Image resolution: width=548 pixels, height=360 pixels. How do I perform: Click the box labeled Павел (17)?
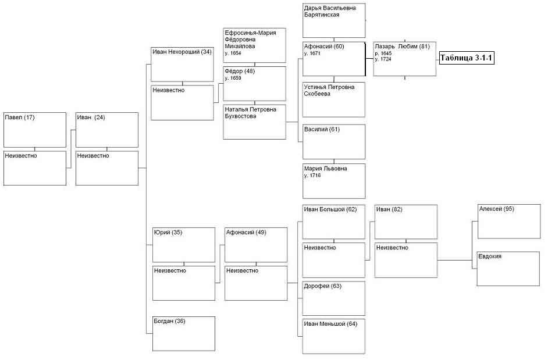[x=34, y=130]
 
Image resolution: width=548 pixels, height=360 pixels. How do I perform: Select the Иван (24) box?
[x=107, y=130]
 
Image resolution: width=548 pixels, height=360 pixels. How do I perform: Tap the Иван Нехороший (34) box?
[x=182, y=65]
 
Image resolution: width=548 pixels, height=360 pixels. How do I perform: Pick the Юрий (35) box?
[x=184, y=245]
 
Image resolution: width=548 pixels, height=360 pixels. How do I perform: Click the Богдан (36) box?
[x=184, y=334]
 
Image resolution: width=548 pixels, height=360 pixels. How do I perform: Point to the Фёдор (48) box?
[x=254, y=84]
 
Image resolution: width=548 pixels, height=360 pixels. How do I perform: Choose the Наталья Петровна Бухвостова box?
[x=254, y=122]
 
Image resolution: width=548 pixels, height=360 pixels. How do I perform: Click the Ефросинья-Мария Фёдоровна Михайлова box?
[x=254, y=45]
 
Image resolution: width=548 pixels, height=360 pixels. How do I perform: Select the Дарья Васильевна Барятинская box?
[x=334, y=20]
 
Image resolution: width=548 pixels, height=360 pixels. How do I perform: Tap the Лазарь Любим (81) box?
[x=405, y=59]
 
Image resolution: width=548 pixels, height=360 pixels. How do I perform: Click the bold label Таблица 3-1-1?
[x=467, y=58]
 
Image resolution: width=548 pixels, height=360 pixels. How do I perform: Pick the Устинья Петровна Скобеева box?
[x=334, y=99]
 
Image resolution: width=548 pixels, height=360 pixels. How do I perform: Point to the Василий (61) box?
[x=334, y=141]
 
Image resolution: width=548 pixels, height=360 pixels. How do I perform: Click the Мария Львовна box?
[x=334, y=181]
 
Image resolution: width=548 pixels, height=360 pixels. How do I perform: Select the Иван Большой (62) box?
[x=334, y=222]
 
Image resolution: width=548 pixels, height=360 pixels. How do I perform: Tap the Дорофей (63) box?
[x=334, y=298]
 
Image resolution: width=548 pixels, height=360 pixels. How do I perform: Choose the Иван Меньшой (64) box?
[x=334, y=336]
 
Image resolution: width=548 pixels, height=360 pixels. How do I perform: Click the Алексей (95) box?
[x=509, y=222]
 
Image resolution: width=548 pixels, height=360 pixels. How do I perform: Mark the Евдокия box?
[x=508, y=269]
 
